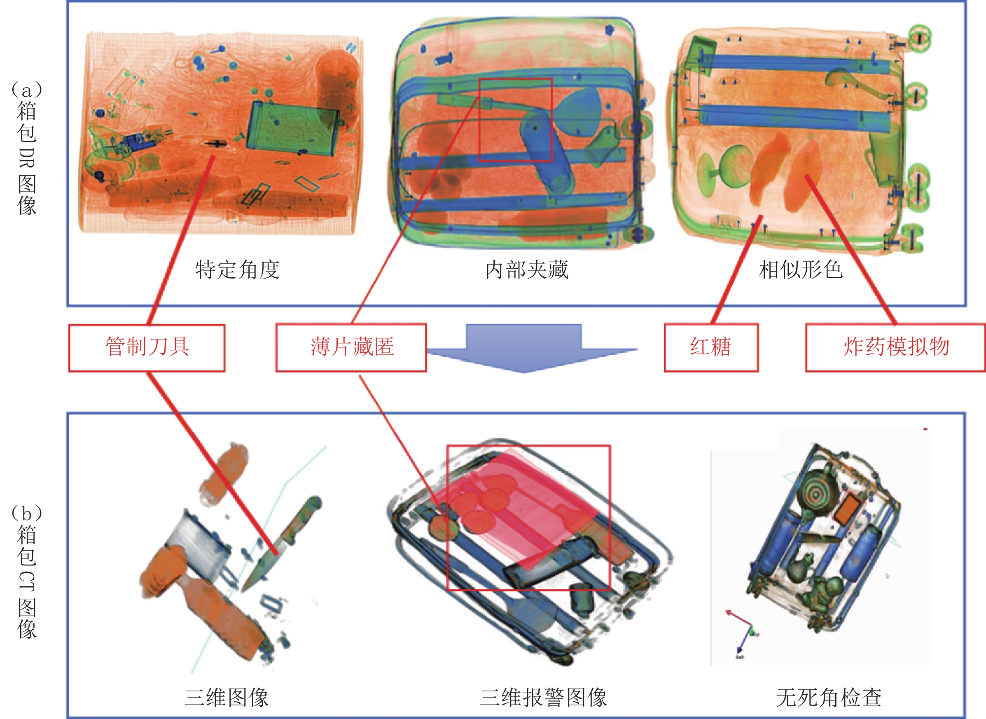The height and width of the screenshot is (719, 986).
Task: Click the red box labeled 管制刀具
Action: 147,348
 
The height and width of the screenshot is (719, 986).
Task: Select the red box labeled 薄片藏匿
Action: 351,348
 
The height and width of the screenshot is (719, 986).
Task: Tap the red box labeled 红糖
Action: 711,348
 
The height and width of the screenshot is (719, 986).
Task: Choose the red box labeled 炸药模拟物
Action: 896,348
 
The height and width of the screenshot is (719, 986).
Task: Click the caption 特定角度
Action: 237,270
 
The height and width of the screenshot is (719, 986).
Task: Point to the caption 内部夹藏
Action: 527,270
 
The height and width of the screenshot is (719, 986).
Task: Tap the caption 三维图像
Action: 227,697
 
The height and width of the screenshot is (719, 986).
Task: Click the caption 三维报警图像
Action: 543,697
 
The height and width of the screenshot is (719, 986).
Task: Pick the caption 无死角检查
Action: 829,697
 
